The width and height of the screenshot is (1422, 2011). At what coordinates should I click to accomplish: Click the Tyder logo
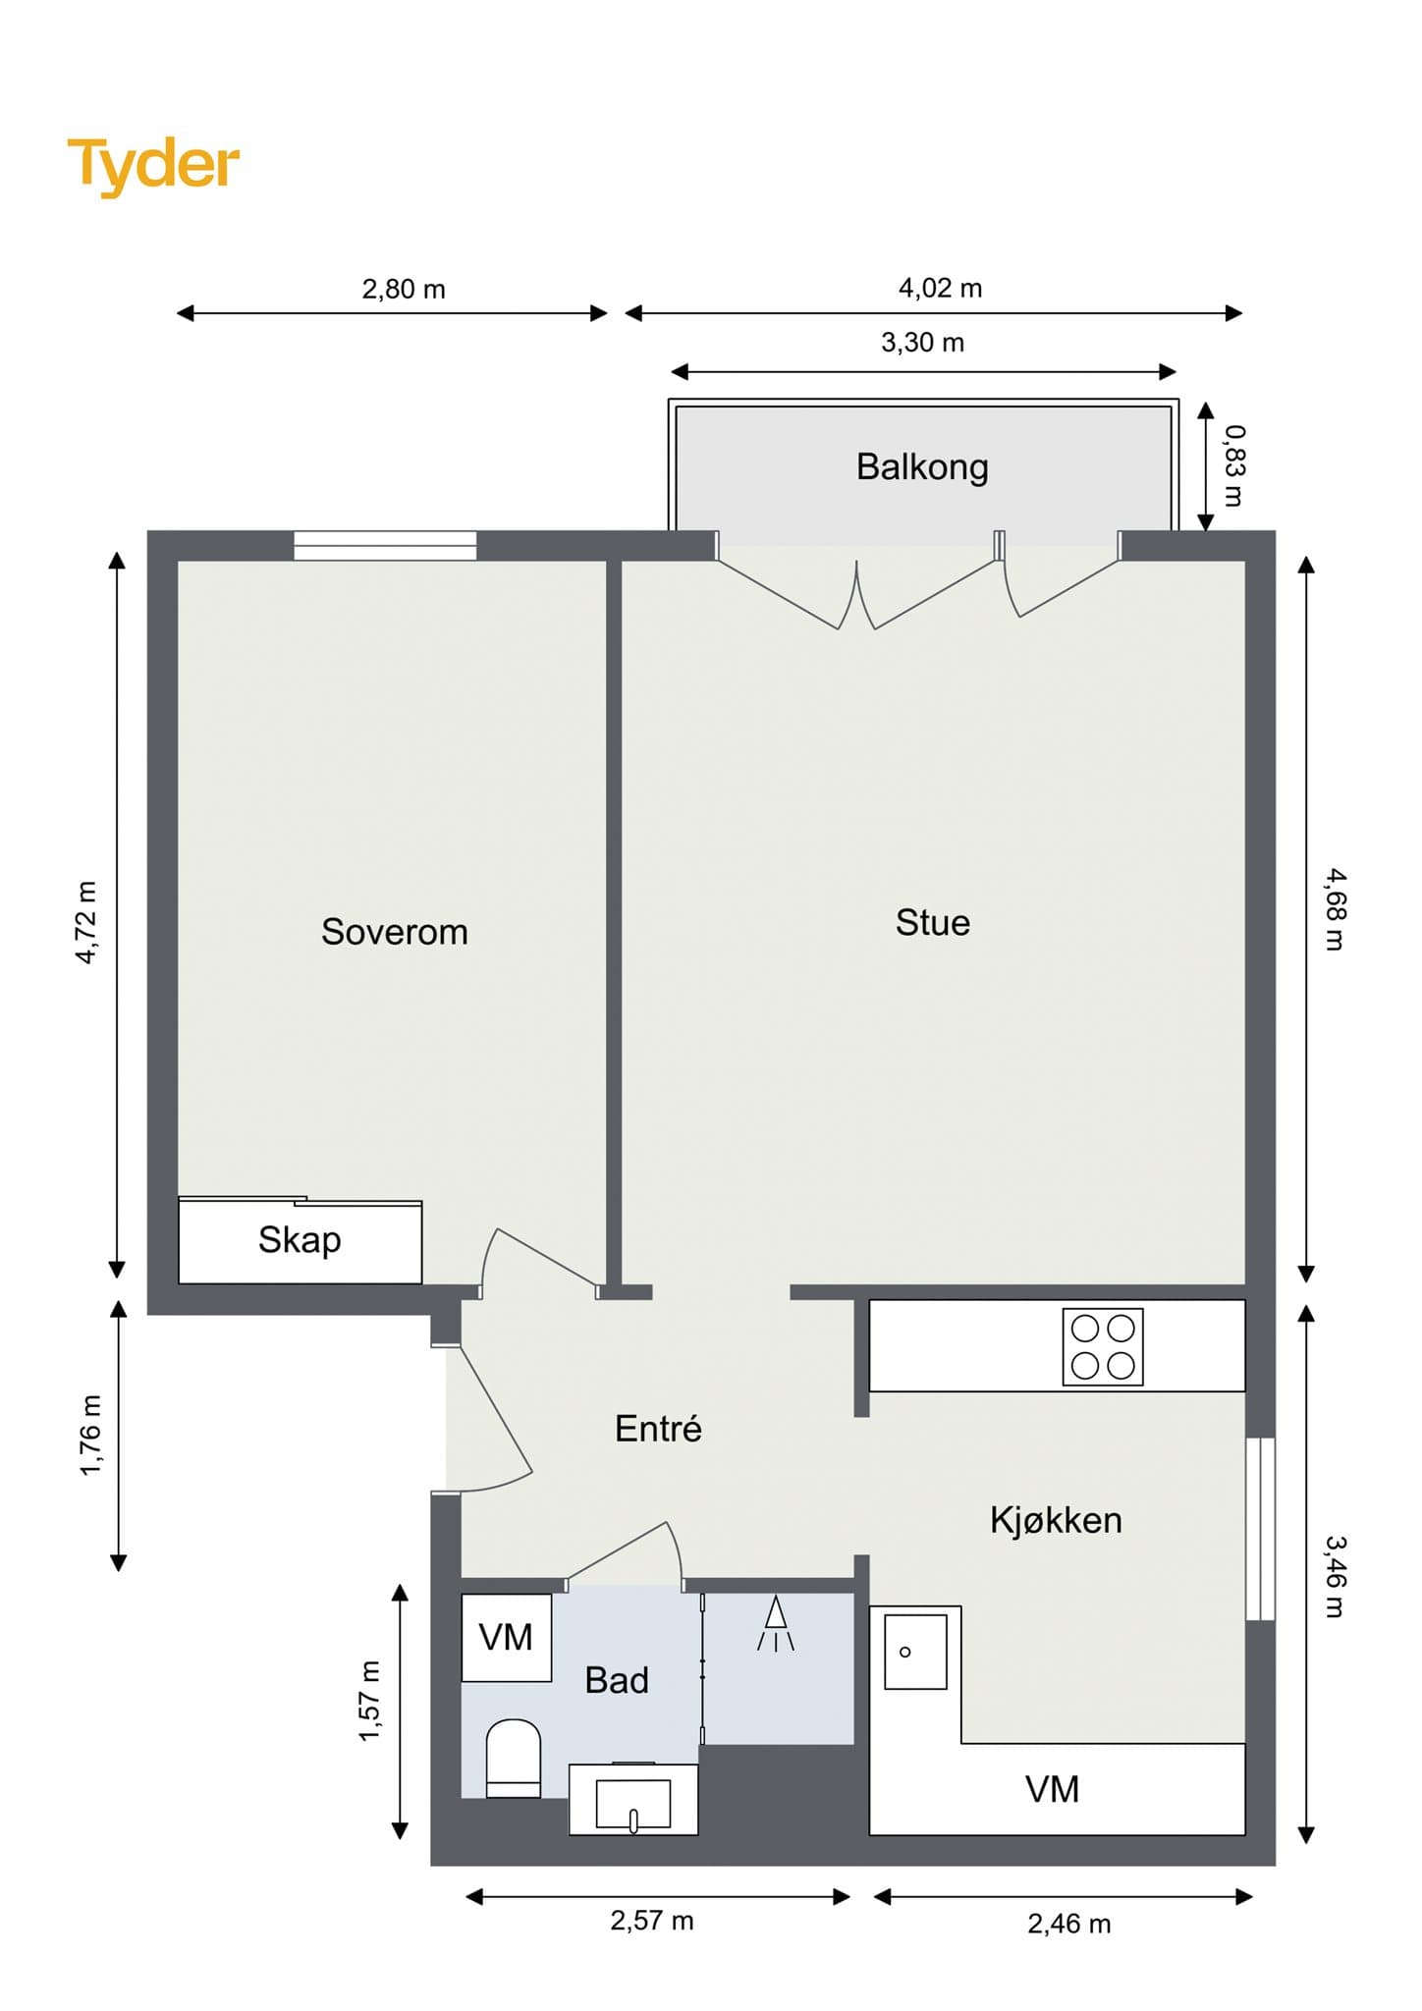[x=153, y=164]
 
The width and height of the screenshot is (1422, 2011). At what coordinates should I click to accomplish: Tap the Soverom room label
[x=395, y=931]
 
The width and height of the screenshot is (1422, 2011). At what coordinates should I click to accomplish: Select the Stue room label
[x=933, y=922]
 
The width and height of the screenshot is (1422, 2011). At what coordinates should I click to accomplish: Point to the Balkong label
[x=922, y=467]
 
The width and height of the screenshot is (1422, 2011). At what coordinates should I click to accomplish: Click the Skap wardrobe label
[x=300, y=1240]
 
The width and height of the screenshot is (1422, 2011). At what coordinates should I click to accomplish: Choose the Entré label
[x=658, y=1428]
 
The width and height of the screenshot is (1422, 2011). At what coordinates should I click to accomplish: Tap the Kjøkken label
[x=1056, y=1519]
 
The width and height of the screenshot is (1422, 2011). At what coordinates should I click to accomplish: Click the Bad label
[x=617, y=1680]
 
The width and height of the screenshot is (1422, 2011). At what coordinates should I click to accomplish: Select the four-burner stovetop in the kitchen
[x=1103, y=1346]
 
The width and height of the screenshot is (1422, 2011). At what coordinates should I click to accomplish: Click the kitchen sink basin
[x=915, y=1652]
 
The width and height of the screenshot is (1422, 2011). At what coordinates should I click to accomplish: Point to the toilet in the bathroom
[x=514, y=1758]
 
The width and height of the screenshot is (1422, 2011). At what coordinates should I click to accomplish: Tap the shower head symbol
[x=776, y=1624]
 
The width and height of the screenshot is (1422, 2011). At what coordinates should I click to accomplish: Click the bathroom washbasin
[x=633, y=1799]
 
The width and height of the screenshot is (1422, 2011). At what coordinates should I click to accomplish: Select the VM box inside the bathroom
[x=507, y=1637]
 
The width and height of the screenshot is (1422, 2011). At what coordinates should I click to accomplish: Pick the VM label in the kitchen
[x=1053, y=1789]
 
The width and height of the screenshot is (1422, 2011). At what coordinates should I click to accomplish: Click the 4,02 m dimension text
[x=940, y=288]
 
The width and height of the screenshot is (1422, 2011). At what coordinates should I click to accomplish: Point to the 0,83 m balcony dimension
[x=1233, y=465]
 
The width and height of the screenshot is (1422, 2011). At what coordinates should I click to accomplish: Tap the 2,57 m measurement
[x=652, y=1920]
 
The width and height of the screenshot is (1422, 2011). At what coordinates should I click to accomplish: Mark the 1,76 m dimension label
[x=89, y=1435]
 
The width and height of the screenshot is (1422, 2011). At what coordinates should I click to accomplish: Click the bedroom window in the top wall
[x=385, y=545]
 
